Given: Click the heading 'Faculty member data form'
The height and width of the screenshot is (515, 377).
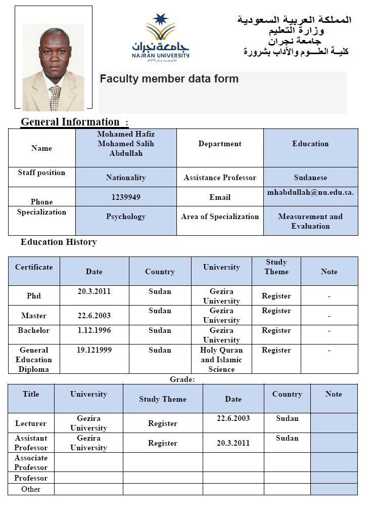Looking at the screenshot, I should (x=169, y=79).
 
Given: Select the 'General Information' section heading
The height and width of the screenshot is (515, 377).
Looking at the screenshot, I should (x=70, y=122).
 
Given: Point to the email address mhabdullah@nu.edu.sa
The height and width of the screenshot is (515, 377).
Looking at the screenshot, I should (x=310, y=193).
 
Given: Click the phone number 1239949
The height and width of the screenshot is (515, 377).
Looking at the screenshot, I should (x=126, y=197).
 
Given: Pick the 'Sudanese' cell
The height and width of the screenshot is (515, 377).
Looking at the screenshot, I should (x=310, y=178).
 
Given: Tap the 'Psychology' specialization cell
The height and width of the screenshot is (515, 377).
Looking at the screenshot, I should (x=126, y=217).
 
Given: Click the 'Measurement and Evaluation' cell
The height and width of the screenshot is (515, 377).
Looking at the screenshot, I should (x=310, y=221).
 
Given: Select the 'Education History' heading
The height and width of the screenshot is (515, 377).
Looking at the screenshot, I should (x=59, y=242).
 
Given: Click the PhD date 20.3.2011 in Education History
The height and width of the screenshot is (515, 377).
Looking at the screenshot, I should (x=94, y=291).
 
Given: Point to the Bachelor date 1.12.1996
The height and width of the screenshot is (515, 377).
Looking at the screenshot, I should (x=94, y=330).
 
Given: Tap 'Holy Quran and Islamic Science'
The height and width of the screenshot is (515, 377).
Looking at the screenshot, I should (x=221, y=360).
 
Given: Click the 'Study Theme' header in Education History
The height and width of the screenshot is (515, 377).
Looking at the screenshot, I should (x=276, y=267).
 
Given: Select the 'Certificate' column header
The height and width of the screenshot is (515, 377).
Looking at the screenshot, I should (x=34, y=267).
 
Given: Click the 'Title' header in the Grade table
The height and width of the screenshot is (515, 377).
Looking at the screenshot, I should (x=31, y=394).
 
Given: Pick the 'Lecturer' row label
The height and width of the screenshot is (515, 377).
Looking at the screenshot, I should (x=31, y=423).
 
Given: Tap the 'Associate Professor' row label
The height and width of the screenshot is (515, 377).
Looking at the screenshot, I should (x=31, y=462).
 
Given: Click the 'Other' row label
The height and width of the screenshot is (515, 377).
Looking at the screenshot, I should (x=31, y=489).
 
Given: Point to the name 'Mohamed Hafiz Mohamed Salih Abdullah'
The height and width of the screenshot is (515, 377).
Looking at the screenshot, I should (x=126, y=144).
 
